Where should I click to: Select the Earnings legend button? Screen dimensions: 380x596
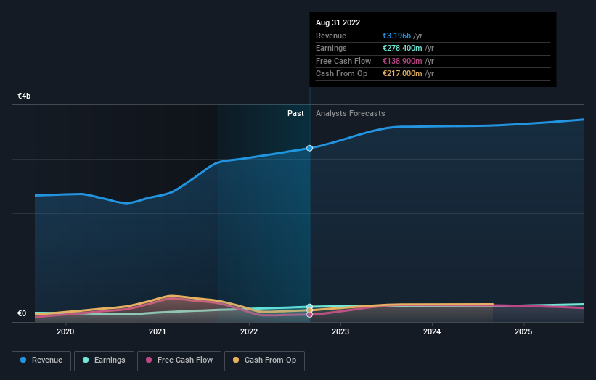coord(104,360)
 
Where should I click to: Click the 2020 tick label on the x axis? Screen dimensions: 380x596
coord(65,332)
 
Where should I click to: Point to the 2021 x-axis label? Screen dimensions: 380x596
coord(158,332)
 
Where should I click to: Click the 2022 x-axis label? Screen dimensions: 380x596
coord(249,332)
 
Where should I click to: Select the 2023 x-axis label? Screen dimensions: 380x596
coord(340,332)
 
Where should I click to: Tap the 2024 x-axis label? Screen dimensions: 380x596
coord(432,332)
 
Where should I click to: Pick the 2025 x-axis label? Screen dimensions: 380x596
coord(523,332)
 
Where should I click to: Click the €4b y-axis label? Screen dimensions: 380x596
coord(25,96)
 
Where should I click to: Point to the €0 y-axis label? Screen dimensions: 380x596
coord(22,314)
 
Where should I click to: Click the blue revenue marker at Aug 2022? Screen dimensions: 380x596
coord(310,148)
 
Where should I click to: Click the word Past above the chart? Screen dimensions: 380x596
coord(295,114)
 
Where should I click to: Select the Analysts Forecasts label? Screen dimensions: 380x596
coord(351,114)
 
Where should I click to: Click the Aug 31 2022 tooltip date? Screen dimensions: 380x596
coord(338,23)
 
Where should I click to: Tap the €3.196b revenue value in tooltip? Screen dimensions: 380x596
coord(402,36)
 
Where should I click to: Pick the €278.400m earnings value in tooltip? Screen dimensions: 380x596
coord(407,49)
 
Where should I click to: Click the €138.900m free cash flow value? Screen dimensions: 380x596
coord(407,62)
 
